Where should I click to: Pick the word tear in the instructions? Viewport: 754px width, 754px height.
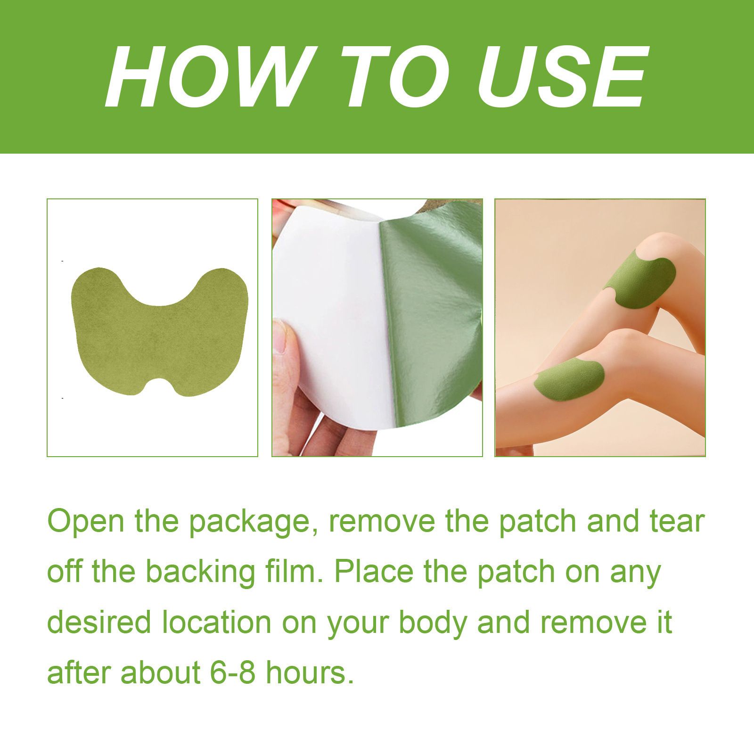pos(674,522)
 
